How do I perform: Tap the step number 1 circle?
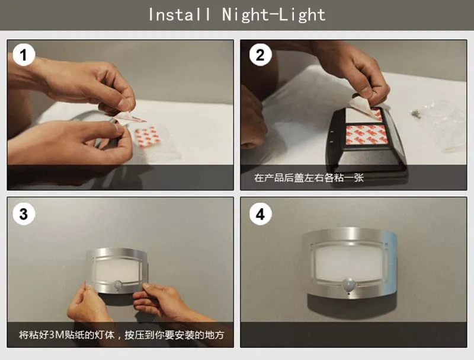coord(24,55)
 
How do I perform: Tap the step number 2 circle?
coord(260,55)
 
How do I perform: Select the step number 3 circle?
coord(24,214)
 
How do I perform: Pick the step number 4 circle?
coord(260,214)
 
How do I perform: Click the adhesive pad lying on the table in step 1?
coord(148,137)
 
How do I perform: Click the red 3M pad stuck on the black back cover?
coord(366,134)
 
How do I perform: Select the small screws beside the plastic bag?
coord(415,113)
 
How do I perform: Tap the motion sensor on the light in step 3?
coord(117,285)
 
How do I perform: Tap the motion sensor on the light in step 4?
coord(348,284)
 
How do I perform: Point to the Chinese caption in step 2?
coord(309,177)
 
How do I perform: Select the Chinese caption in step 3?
coord(121,335)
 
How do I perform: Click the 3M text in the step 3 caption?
coord(56,335)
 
